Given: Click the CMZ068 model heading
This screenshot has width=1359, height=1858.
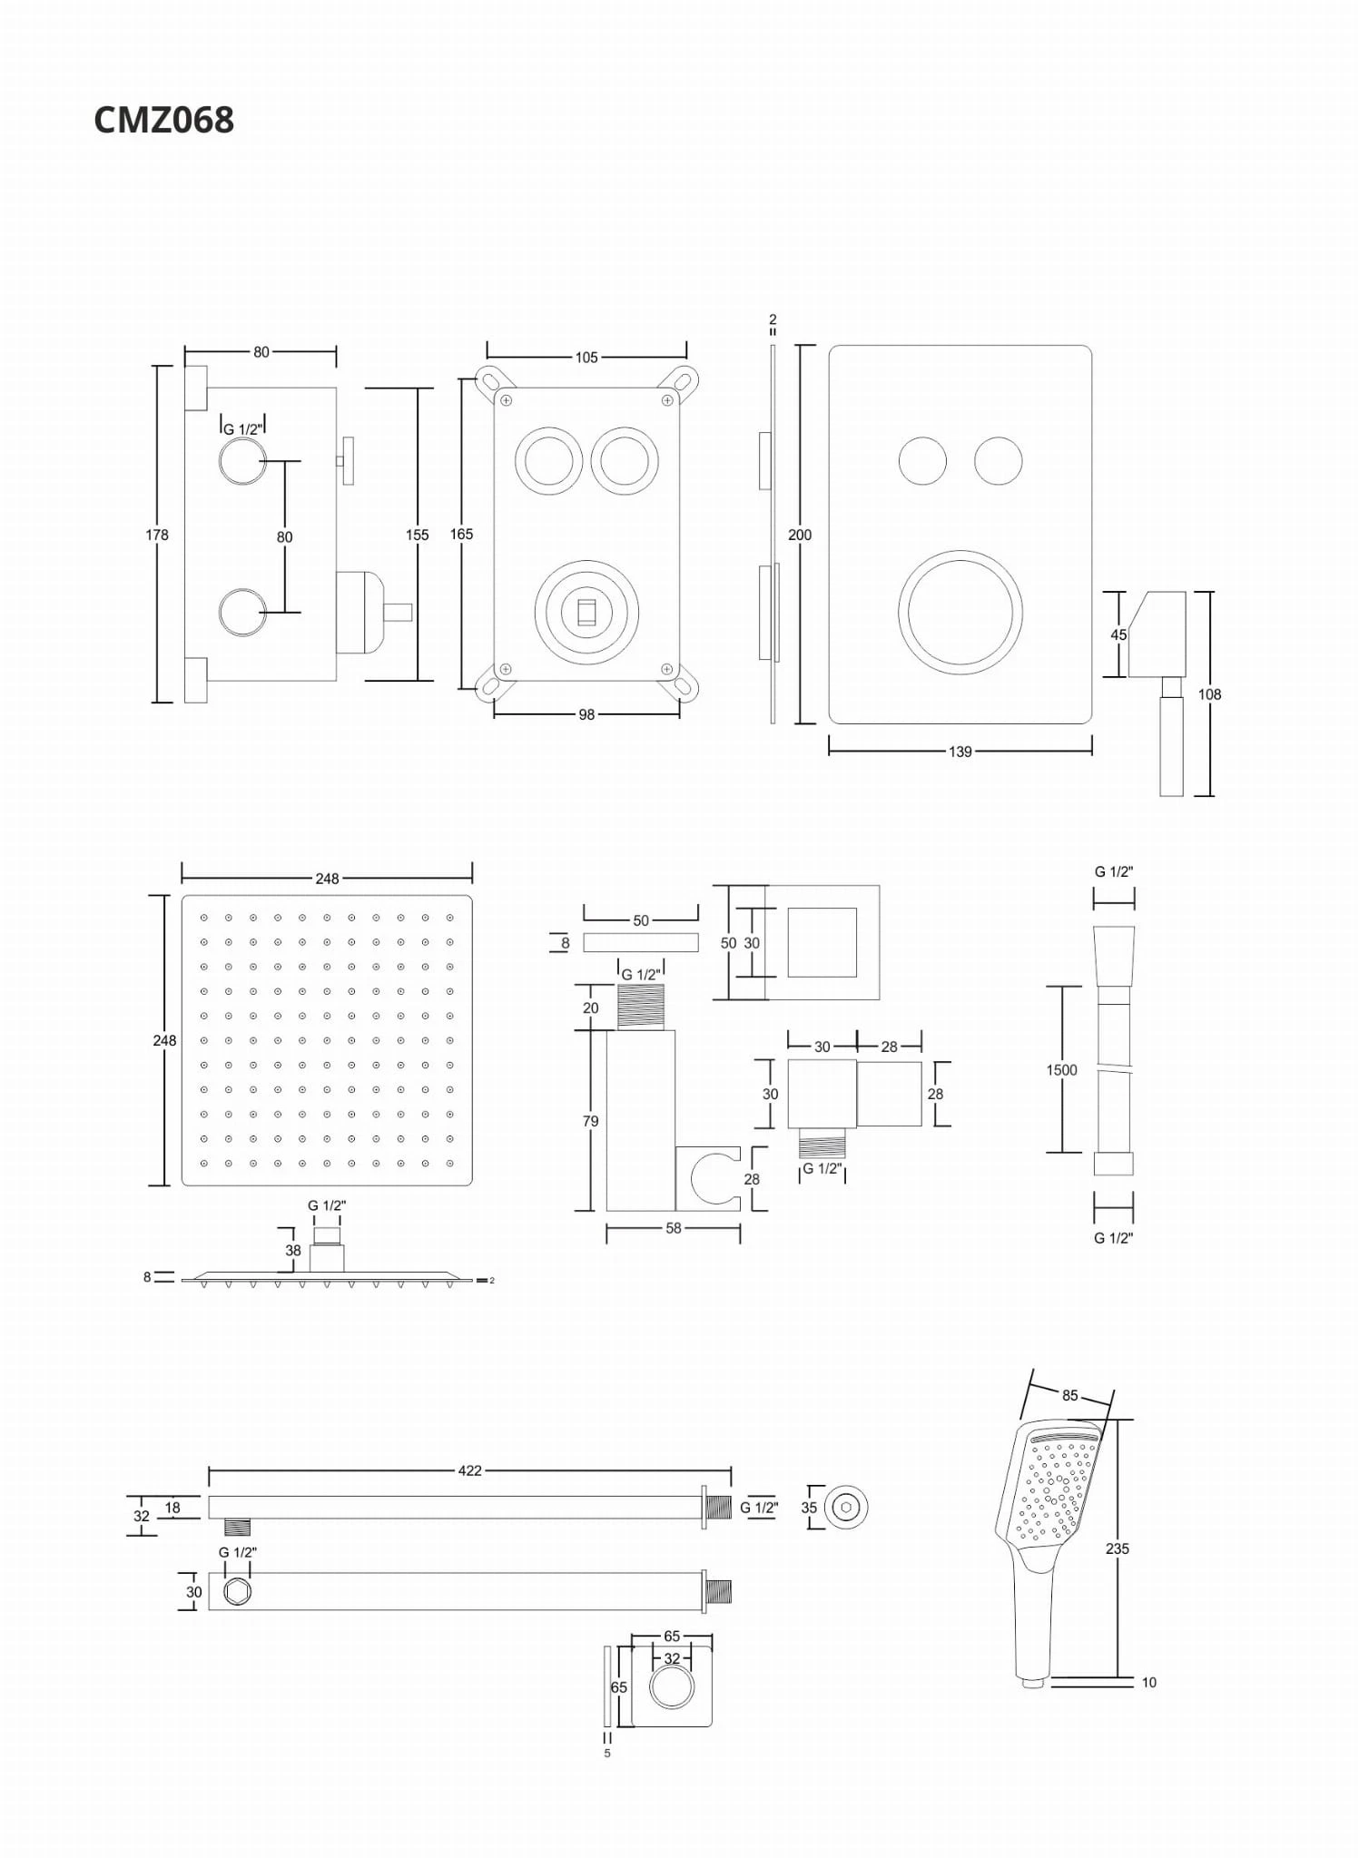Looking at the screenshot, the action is (163, 120).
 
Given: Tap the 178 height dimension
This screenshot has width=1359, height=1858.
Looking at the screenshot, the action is (157, 535).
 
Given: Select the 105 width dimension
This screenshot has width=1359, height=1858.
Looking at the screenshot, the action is (586, 358).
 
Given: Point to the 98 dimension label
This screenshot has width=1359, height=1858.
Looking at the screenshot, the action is (586, 714).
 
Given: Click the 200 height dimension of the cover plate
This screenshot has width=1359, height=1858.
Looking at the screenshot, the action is (800, 535).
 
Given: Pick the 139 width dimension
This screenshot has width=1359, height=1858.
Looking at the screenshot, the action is (960, 752).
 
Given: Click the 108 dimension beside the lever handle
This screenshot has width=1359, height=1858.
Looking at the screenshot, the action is (1209, 694).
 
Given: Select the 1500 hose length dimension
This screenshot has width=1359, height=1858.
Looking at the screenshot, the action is (1061, 1070).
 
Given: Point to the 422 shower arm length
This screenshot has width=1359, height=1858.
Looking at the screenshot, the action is (469, 1470).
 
